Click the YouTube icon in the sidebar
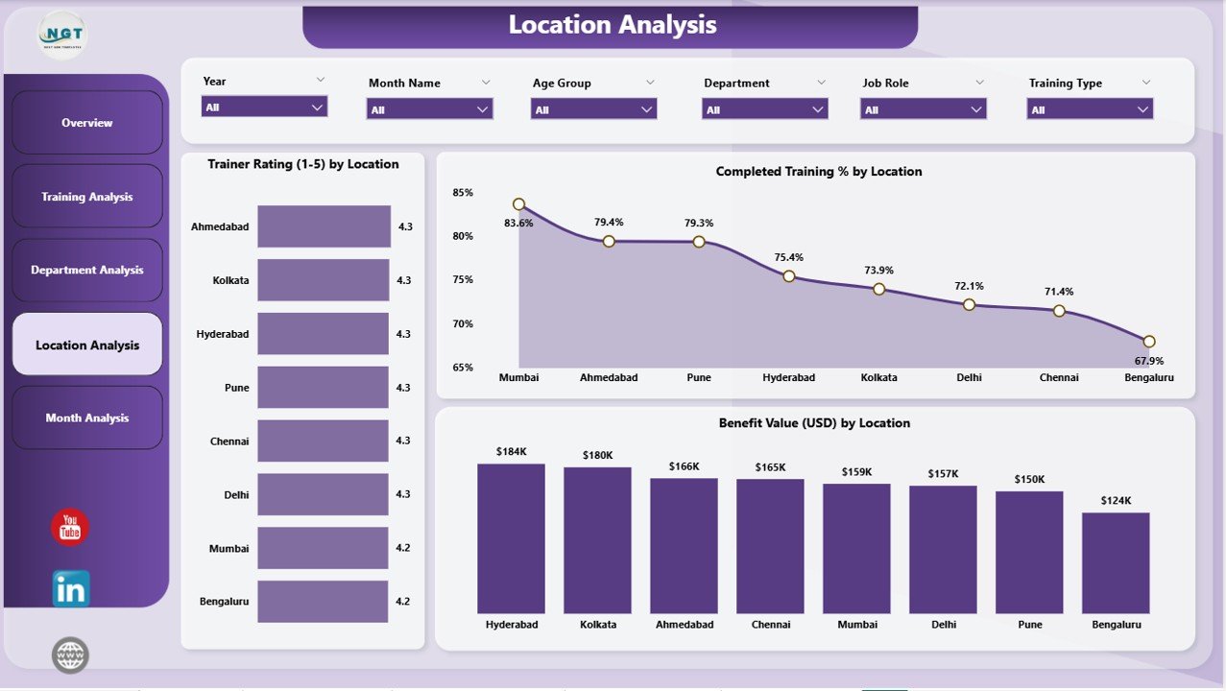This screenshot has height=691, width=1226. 70,527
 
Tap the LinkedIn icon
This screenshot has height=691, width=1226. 71,589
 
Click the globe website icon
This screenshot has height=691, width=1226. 70,655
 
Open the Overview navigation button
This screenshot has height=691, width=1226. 87,123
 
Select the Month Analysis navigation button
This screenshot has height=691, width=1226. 87,418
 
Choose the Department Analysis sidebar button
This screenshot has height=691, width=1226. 87,271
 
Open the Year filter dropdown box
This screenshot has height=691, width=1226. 264,107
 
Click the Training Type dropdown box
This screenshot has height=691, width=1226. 1090,109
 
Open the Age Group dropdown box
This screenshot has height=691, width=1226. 593,109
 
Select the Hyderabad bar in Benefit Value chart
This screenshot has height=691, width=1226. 511,538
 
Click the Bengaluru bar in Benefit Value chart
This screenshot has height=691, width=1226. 1116,562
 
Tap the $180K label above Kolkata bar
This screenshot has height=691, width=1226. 597,455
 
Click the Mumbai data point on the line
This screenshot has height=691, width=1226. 518,204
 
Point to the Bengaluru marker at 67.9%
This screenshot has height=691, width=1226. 1148,342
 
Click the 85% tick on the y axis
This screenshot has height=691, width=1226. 463,193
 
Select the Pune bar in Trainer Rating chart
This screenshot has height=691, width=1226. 323,388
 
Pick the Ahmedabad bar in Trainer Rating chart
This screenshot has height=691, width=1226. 324,226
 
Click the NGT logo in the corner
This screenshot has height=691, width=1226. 62,36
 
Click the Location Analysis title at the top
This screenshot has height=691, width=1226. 612,25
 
